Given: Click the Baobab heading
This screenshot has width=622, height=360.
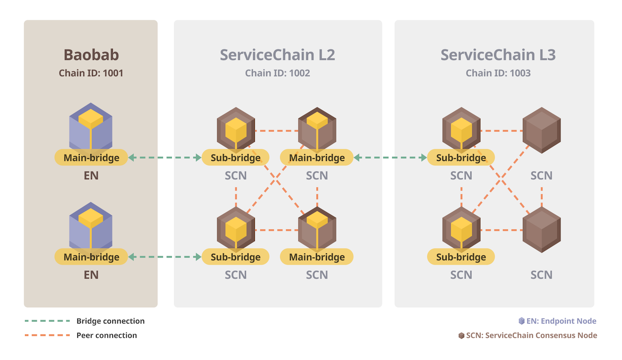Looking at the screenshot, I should [91, 55].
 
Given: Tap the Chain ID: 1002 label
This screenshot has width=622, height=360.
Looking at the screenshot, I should [277, 73].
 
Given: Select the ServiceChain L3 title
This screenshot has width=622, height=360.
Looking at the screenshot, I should [498, 55].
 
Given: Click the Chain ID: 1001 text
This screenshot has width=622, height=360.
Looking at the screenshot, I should [91, 73].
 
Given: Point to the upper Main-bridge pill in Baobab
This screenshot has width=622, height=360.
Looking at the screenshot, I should [91, 157].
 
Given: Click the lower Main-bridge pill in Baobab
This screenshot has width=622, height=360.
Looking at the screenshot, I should [91, 257].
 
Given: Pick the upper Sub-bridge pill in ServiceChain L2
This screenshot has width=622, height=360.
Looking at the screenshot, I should [236, 157].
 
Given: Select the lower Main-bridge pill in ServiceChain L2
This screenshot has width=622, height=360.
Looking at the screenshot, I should [317, 257].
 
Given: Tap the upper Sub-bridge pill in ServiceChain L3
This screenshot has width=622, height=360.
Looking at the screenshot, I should [461, 157].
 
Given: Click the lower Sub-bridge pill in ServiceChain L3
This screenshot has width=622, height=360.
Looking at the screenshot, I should [461, 257].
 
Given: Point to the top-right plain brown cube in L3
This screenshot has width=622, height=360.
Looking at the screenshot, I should [542, 130].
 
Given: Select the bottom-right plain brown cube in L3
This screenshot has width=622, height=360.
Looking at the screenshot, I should [542, 229].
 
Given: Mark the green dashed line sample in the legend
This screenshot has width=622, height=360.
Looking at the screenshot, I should [47, 321].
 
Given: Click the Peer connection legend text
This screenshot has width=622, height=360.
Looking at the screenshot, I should [107, 335].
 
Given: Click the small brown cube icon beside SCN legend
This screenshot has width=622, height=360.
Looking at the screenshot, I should [461, 335].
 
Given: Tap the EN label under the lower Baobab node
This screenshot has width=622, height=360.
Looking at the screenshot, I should [91, 274].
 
